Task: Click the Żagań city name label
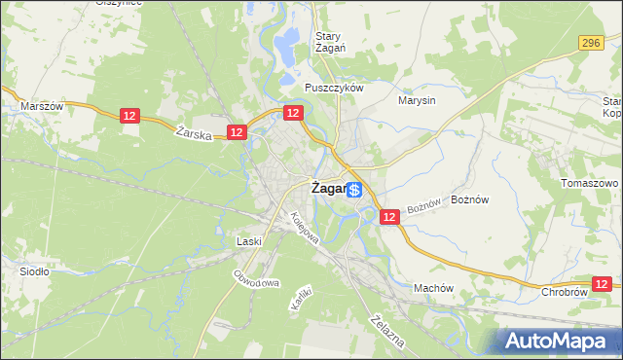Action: [328, 190]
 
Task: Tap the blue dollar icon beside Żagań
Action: [355, 190]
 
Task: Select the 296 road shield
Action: [590, 43]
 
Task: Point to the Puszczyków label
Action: [333, 88]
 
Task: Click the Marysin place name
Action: [417, 99]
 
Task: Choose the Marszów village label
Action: [42, 106]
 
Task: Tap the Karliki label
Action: [300, 298]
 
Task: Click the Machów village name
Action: [434, 288]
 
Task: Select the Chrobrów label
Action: [566, 291]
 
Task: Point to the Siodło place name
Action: [35, 271]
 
